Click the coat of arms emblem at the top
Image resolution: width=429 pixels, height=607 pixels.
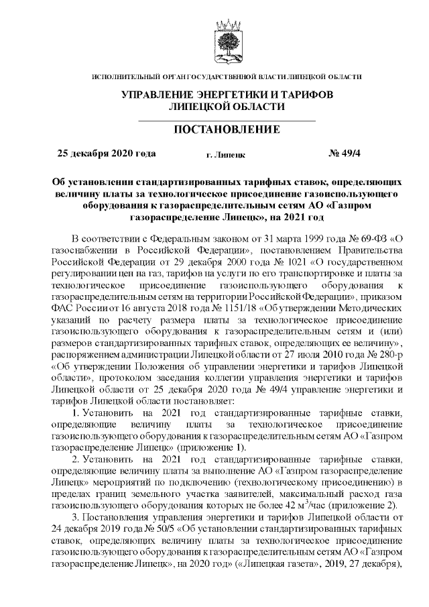pyautogui.click(x=227, y=40)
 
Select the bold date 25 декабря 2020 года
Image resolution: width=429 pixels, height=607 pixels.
pyautogui.click(x=107, y=154)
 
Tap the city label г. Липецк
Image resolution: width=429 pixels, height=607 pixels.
pyautogui.click(x=226, y=155)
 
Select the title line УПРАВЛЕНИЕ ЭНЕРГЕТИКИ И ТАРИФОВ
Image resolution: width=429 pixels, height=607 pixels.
pyautogui.click(x=227, y=95)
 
